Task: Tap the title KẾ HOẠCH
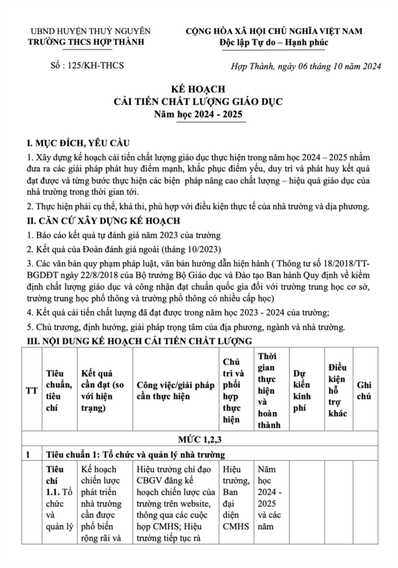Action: coord(199,90)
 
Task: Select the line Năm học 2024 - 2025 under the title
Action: coord(199,114)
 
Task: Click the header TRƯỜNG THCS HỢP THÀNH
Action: coord(87,42)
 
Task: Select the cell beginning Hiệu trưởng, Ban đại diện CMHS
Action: coord(235,498)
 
